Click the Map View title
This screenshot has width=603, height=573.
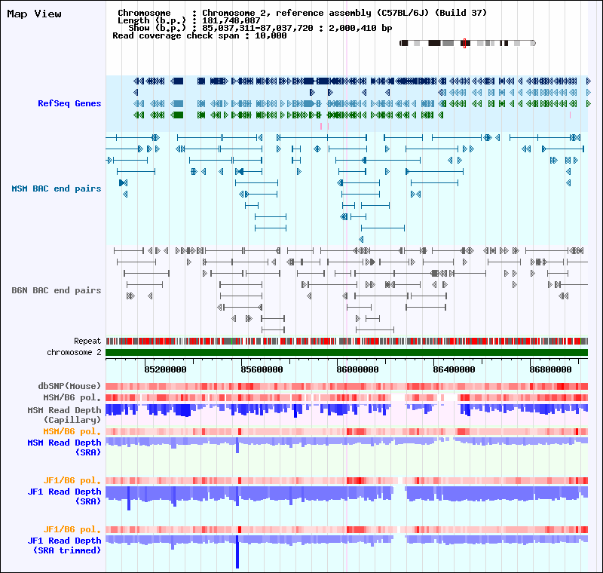[34, 14]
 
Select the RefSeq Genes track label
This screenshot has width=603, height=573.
[69, 103]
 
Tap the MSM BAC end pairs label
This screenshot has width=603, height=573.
[56, 188]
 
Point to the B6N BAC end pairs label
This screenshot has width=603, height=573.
[56, 290]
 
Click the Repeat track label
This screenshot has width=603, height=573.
[87, 342]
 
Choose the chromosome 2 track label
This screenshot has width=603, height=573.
[74, 352]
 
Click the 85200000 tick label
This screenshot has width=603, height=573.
[166, 369]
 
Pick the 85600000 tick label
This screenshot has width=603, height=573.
[262, 369]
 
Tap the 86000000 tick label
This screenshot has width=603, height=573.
[358, 369]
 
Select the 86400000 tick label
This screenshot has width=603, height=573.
[455, 369]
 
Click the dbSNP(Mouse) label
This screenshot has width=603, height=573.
[69, 386]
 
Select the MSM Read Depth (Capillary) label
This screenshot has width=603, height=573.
[64, 414]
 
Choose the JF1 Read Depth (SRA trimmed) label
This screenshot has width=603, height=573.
[64, 545]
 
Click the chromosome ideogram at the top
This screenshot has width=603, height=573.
[467, 43]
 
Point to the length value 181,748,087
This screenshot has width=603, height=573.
[231, 20]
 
